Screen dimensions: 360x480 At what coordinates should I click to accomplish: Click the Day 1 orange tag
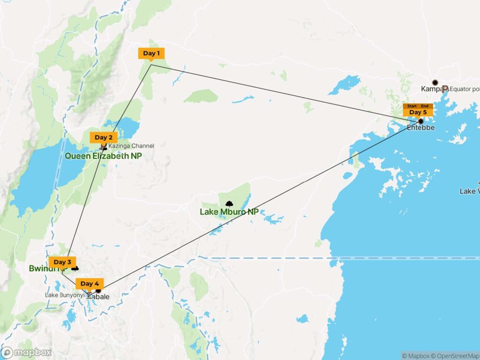point(151,53)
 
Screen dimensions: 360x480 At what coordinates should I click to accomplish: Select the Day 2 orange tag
point(104,137)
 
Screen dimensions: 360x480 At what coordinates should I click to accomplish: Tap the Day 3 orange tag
point(62,262)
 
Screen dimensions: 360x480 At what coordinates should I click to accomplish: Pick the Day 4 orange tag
point(90,284)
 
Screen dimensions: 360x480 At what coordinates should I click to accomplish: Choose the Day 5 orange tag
point(418,112)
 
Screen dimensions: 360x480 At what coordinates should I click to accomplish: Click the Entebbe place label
point(421,128)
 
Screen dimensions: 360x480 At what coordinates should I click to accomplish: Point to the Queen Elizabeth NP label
point(103,156)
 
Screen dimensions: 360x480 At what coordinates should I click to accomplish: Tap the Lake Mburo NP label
point(229,212)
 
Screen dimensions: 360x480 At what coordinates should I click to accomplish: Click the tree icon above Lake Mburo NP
point(229,203)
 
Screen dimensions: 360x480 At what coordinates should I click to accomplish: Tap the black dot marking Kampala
point(435,82)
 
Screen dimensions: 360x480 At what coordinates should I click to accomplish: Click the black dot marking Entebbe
point(421,121)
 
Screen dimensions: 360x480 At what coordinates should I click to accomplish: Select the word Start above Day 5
point(412,106)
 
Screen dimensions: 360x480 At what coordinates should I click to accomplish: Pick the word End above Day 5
point(425,106)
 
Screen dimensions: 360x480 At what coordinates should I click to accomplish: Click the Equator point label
point(464,88)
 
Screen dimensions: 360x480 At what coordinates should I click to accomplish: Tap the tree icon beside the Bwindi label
point(75,269)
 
